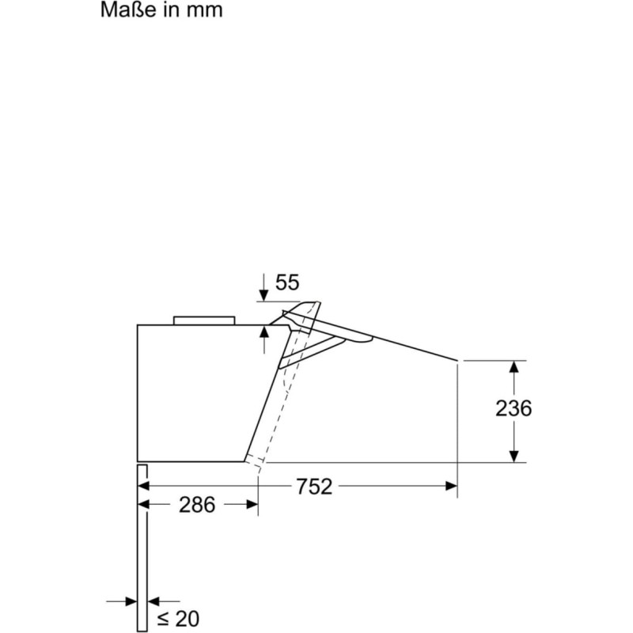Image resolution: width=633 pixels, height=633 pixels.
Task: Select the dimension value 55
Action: click(x=287, y=282)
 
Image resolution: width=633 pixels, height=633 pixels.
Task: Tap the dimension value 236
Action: click(x=513, y=408)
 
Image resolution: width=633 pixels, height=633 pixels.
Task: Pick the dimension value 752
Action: click(x=314, y=487)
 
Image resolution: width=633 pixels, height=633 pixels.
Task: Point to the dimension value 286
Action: click(x=196, y=505)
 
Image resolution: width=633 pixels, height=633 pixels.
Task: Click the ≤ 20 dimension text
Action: click(x=178, y=618)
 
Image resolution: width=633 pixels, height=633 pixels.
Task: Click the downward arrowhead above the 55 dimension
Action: click(x=263, y=295)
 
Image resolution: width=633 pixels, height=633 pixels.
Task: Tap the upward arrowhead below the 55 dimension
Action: click(x=263, y=332)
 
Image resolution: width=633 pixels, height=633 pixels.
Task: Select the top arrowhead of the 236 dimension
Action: click(x=514, y=366)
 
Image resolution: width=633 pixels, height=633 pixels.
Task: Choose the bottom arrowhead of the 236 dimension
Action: click(x=514, y=457)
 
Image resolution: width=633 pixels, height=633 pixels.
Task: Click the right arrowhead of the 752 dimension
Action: click(x=451, y=486)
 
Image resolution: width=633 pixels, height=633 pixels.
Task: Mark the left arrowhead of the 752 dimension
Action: click(x=144, y=486)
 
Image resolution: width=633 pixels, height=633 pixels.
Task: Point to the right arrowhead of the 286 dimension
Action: click(x=252, y=504)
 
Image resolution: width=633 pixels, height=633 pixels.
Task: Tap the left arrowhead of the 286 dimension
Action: click(x=144, y=504)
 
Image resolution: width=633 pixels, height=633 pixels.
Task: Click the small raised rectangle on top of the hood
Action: click(x=204, y=320)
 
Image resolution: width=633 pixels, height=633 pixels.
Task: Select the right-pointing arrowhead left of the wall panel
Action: click(x=131, y=601)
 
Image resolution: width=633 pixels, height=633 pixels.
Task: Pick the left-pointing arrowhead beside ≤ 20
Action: click(x=154, y=601)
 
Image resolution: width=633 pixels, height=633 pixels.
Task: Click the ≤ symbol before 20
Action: click(x=163, y=619)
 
